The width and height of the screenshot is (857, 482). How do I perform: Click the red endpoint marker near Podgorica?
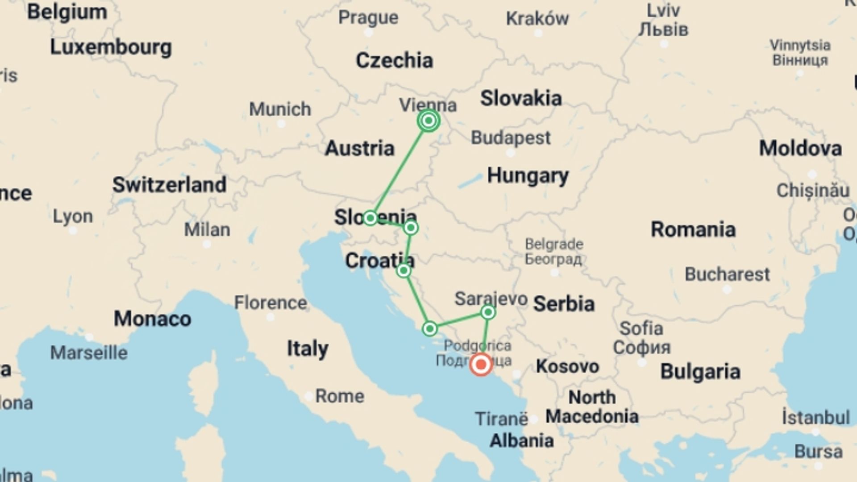pos(481,365)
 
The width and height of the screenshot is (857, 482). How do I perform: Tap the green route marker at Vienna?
pos(428,120)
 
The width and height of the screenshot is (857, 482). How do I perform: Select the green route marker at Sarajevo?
pos(488,312)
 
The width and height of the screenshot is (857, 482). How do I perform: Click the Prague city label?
pos(368,18)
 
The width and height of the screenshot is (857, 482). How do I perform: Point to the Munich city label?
pos(280,109)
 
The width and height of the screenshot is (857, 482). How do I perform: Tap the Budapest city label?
pos(511,138)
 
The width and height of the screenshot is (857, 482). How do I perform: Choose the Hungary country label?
pos(528,176)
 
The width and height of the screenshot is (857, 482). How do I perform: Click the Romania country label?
pos(693,230)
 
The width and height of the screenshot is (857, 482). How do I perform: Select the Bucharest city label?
pos(727,274)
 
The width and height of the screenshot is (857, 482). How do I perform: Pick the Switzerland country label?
pos(169,185)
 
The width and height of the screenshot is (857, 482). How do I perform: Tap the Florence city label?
pos(270,303)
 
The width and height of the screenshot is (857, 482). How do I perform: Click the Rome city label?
pos(340,396)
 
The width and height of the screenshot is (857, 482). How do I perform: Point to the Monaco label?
pos(152,319)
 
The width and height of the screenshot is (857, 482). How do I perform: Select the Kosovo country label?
pos(567,366)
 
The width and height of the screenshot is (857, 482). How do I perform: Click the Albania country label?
pos(522,440)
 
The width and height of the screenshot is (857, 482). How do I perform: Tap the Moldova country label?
pos(800,149)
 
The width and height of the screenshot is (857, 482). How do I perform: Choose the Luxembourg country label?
pos(111,47)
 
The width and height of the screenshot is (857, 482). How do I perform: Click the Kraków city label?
pos(537,19)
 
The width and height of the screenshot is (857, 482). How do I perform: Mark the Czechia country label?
pos(394,61)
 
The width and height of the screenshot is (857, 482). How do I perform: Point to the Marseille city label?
pos(89,353)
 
